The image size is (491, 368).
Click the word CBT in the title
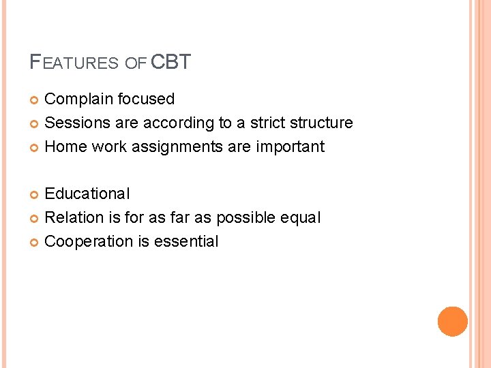pyautogui.click(x=170, y=63)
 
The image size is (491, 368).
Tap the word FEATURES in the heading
pyautogui.click(x=74, y=63)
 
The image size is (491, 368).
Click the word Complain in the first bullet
pyautogui.click(x=78, y=99)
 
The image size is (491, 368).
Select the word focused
pyautogui.click(x=146, y=99)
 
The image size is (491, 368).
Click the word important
pyautogui.click(x=291, y=147)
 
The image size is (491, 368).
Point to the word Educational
pyautogui.click(x=87, y=194)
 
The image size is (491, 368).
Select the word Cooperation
pyautogui.click(x=88, y=241)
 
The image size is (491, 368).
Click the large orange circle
pyautogui.click(x=452, y=322)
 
